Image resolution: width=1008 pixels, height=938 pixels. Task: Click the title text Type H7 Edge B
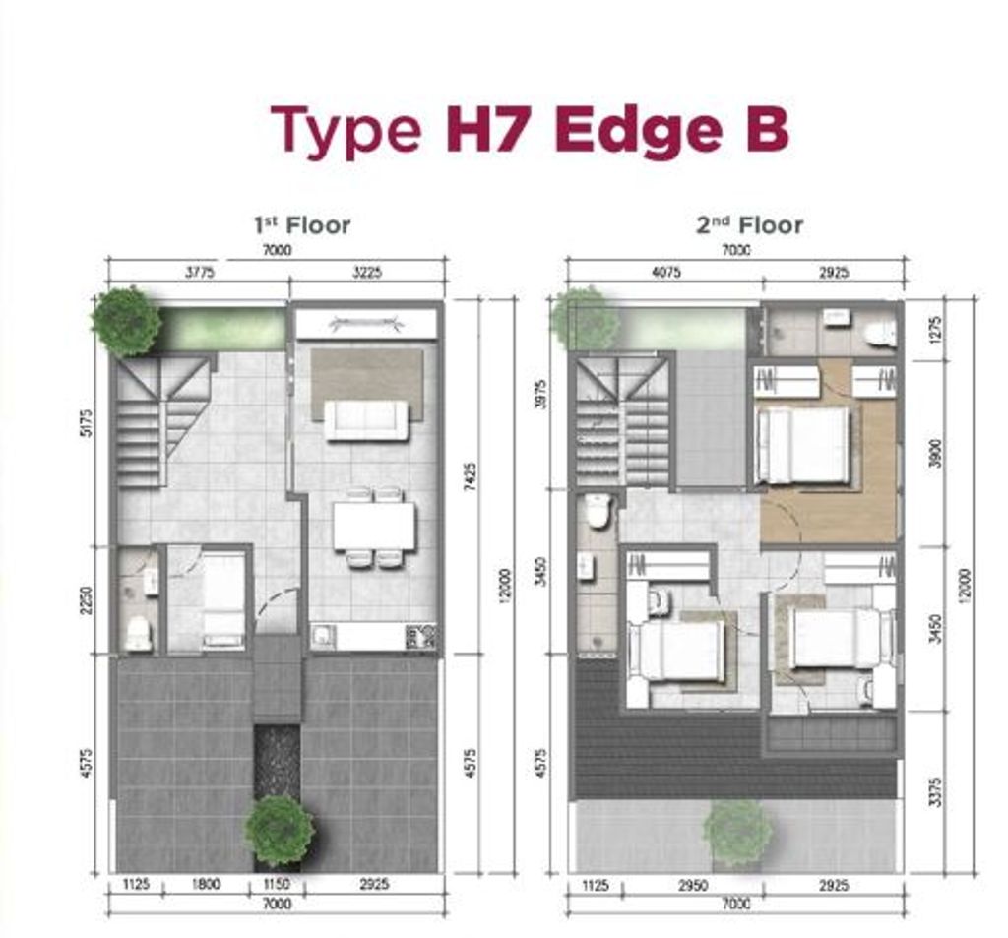(530, 130)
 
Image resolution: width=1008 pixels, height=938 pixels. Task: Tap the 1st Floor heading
(301, 225)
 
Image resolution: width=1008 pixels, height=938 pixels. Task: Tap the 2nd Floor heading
(749, 225)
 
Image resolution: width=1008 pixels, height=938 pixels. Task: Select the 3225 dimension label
(366, 272)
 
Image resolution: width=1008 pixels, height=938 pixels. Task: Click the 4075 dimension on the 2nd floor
(665, 272)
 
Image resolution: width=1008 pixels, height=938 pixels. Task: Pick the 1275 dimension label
(935, 327)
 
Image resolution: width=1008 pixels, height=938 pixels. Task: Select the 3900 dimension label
(935, 453)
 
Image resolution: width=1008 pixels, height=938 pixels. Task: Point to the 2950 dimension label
(694, 886)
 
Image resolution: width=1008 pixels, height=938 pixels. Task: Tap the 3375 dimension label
(935, 791)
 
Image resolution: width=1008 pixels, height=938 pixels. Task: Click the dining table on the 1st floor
(374, 527)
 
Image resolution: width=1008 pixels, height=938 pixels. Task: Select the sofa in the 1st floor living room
(366, 420)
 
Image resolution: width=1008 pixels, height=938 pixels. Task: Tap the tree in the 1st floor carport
(280, 831)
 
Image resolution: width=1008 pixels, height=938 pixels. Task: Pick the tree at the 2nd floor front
(737, 833)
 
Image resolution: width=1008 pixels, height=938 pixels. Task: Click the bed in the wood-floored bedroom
(803, 445)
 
